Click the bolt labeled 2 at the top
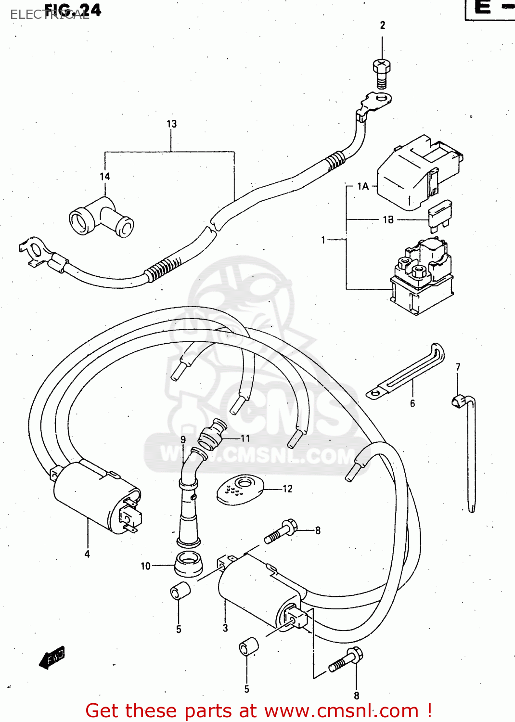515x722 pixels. pos(382,72)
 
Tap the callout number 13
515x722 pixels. pos(171,124)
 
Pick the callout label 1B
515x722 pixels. pos(388,219)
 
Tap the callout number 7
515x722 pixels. pos(458,367)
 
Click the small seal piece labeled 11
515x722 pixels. pos(213,433)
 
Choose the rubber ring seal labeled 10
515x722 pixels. pos(188,564)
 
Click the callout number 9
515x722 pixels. pos(183,439)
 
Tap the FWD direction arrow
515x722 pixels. pos(52,657)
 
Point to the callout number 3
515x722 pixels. pos(225,628)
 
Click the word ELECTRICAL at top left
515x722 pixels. pos(48,15)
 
